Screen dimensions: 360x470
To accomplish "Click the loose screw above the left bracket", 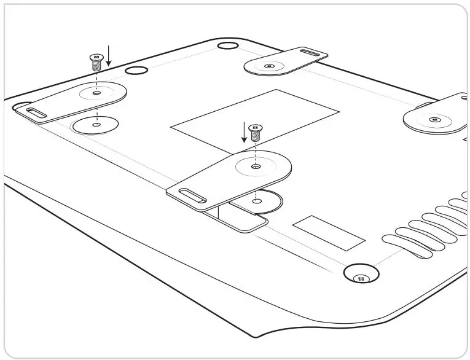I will click(x=95, y=61).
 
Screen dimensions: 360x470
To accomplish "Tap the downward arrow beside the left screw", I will click(x=109, y=55).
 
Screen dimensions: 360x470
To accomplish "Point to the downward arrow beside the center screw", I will click(x=244, y=131).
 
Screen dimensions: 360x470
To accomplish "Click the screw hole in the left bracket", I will click(x=96, y=93).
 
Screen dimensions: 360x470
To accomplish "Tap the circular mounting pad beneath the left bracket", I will click(x=95, y=125).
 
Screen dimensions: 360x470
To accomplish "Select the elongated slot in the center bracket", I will click(x=192, y=197).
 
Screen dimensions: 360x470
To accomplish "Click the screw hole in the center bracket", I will click(x=256, y=166).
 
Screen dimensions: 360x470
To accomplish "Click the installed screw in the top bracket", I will click(x=268, y=66).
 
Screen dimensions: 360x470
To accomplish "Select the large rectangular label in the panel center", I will click(x=254, y=119).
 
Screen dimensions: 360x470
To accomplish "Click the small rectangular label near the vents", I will click(x=329, y=232).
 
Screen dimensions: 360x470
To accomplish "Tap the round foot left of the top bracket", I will click(x=227, y=46).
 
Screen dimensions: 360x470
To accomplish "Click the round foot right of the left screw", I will click(x=136, y=71).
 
